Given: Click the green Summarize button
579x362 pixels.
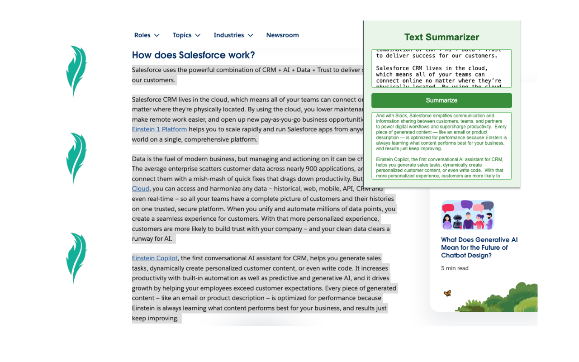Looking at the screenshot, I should pyautogui.click(x=441, y=100).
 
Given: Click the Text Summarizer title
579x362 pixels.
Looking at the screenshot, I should pyautogui.click(x=441, y=37).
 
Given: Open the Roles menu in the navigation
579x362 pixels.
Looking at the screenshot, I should pyautogui.click(x=147, y=35).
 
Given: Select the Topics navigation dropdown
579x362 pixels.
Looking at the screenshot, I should pyautogui.click(x=186, y=35).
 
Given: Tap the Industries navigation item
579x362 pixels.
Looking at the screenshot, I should pyautogui.click(x=233, y=35).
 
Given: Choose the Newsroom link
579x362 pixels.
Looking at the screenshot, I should pyautogui.click(x=282, y=35).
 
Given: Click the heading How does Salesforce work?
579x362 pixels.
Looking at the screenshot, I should pyautogui.click(x=193, y=55).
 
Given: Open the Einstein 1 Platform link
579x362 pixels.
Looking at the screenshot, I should pyautogui.click(x=159, y=129).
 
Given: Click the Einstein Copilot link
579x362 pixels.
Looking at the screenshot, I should pyautogui.click(x=155, y=258).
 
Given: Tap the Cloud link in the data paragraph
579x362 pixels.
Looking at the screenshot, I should pyautogui.click(x=140, y=189).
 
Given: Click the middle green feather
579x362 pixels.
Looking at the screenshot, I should pyautogui.click(x=76, y=158).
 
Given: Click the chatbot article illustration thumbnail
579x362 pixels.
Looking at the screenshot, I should pyautogui.click(x=468, y=215).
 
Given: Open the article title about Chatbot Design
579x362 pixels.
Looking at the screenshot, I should pyautogui.click(x=479, y=248).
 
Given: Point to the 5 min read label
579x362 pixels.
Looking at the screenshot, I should pyautogui.click(x=455, y=268).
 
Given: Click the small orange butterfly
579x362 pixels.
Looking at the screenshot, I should pyautogui.click(x=447, y=293).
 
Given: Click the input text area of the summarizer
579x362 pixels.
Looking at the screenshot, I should pyautogui.click(x=441, y=68).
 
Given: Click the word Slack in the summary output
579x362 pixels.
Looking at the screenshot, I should pyautogui.click(x=401, y=116).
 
